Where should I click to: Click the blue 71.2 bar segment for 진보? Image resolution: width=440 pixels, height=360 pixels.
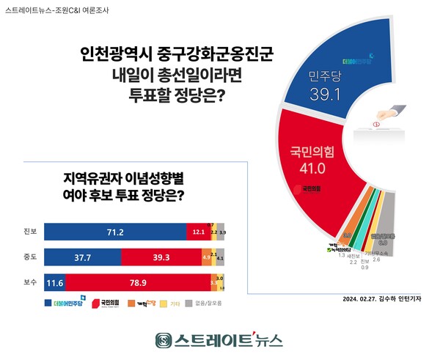pyautogui.click(x=114, y=232)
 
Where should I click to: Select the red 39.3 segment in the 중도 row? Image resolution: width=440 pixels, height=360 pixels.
pyautogui.click(x=160, y=257)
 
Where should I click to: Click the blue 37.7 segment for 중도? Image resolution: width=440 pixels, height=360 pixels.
pyautogui.click(x=82, y=257)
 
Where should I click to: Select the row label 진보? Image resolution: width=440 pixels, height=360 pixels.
pyautogui.click(x=29, y=232)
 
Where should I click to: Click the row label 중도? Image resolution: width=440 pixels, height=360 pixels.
pyautogui.click(x=29, y=257)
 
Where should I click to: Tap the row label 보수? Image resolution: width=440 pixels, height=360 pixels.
pyautogui.click(x=29, y=282)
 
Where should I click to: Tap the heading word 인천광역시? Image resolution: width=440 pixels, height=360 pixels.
pyautogui.click(x=118, y=56)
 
